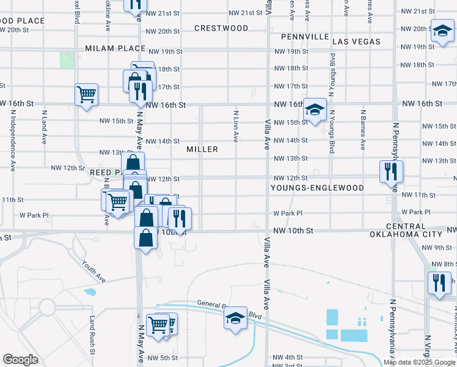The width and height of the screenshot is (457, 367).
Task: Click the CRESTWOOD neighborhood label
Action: coord(221,28)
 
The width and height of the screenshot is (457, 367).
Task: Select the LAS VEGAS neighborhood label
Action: coord(357,42)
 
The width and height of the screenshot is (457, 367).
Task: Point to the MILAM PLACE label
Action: coord(115,48)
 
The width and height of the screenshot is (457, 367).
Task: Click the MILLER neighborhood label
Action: coord(202,149)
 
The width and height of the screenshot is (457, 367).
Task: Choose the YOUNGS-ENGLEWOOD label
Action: coord(318,188)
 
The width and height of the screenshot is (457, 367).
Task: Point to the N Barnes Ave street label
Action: coord(362,130)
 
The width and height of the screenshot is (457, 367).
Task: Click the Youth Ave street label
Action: coord(93,272)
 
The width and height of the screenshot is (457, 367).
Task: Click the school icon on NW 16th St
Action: coord(315,110)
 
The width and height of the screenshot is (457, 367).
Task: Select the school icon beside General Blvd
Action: coord(235,318)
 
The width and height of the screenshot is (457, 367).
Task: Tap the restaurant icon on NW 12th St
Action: coord(390,171)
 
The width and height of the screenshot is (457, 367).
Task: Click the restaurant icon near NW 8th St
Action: coord(439,284)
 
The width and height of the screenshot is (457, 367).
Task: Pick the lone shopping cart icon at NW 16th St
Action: coord(86,95)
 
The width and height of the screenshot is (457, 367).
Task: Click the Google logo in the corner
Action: coord(20,360)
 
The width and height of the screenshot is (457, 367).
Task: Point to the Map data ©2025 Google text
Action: coord(419,362)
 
